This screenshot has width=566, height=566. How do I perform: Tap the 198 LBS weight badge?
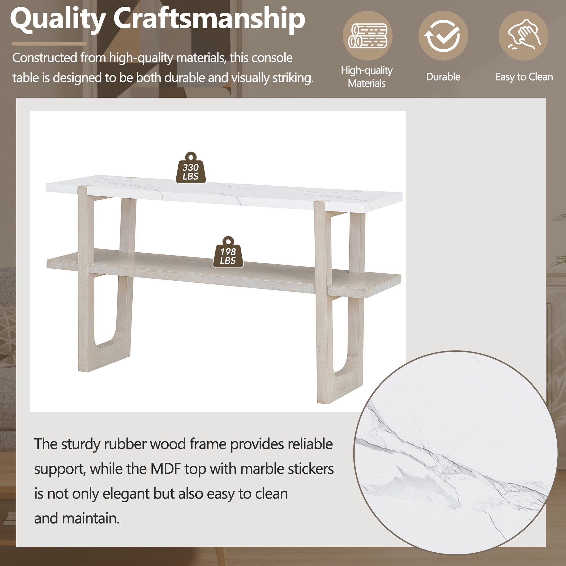click(228, 253)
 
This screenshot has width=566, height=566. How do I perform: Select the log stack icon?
click(367, 36)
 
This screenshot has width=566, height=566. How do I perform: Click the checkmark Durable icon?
click(443, 36)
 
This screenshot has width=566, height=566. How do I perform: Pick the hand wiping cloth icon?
click(524, 36)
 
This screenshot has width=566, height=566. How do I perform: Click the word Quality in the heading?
click(58, 19)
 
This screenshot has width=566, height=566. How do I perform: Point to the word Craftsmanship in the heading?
click(209, 19)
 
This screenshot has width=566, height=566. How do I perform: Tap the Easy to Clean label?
click(524, 77)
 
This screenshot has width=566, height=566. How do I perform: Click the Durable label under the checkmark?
click(443, 77)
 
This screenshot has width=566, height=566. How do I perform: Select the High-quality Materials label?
click(367, 77)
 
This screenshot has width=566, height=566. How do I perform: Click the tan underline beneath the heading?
click(49, 44)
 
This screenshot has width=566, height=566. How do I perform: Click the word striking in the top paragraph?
click(293, 78)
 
